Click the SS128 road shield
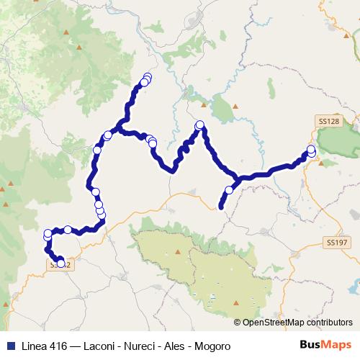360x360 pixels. pyautogui.click(x=328, y=122)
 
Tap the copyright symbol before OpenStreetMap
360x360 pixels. pyautogui.click(x=238, y=323)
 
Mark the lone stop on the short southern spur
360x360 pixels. pyautogui.click(x=229, y=190)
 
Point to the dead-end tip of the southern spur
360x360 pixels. pyautogui.click(x=221, y=207)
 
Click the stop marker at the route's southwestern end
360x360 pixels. pyautogui.click(x=60, y=262)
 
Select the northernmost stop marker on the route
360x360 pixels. pyautogui.click(x=148, y=77)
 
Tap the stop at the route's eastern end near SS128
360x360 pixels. pyautogui.click(x=311, y=150)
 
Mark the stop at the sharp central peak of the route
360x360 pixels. pyautogui.click(x=200, y=125)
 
